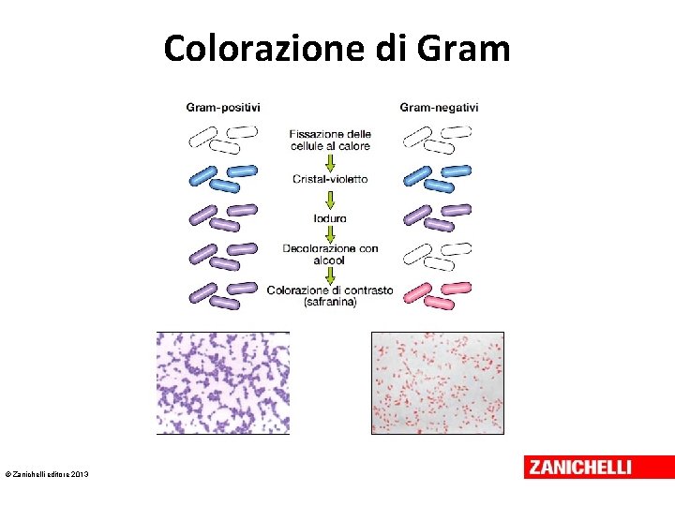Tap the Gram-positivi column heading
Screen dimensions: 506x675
click(223, 108)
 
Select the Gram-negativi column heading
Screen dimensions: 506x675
click(439, 108)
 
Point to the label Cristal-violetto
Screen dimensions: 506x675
click(330, 179)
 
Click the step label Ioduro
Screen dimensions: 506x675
click(330, 218)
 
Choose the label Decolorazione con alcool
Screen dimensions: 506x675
click(330, 254)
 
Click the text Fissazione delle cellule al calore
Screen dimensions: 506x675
click(330, 140)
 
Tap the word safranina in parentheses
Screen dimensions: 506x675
click(330, 302)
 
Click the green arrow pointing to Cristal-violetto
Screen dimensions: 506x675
click(329, 161)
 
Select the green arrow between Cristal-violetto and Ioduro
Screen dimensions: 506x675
click(329, 199)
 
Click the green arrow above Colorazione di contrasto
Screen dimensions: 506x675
click(329, 274)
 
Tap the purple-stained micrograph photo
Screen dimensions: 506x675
click(222, 382)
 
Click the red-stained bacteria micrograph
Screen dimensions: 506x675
click(438, 382)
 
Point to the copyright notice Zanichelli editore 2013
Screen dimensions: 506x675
click(47, 476)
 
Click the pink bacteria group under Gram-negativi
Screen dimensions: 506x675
click(436, 294)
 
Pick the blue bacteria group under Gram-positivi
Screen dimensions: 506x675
click(223, 178)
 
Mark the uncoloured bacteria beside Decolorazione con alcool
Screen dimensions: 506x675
click(436, 255)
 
